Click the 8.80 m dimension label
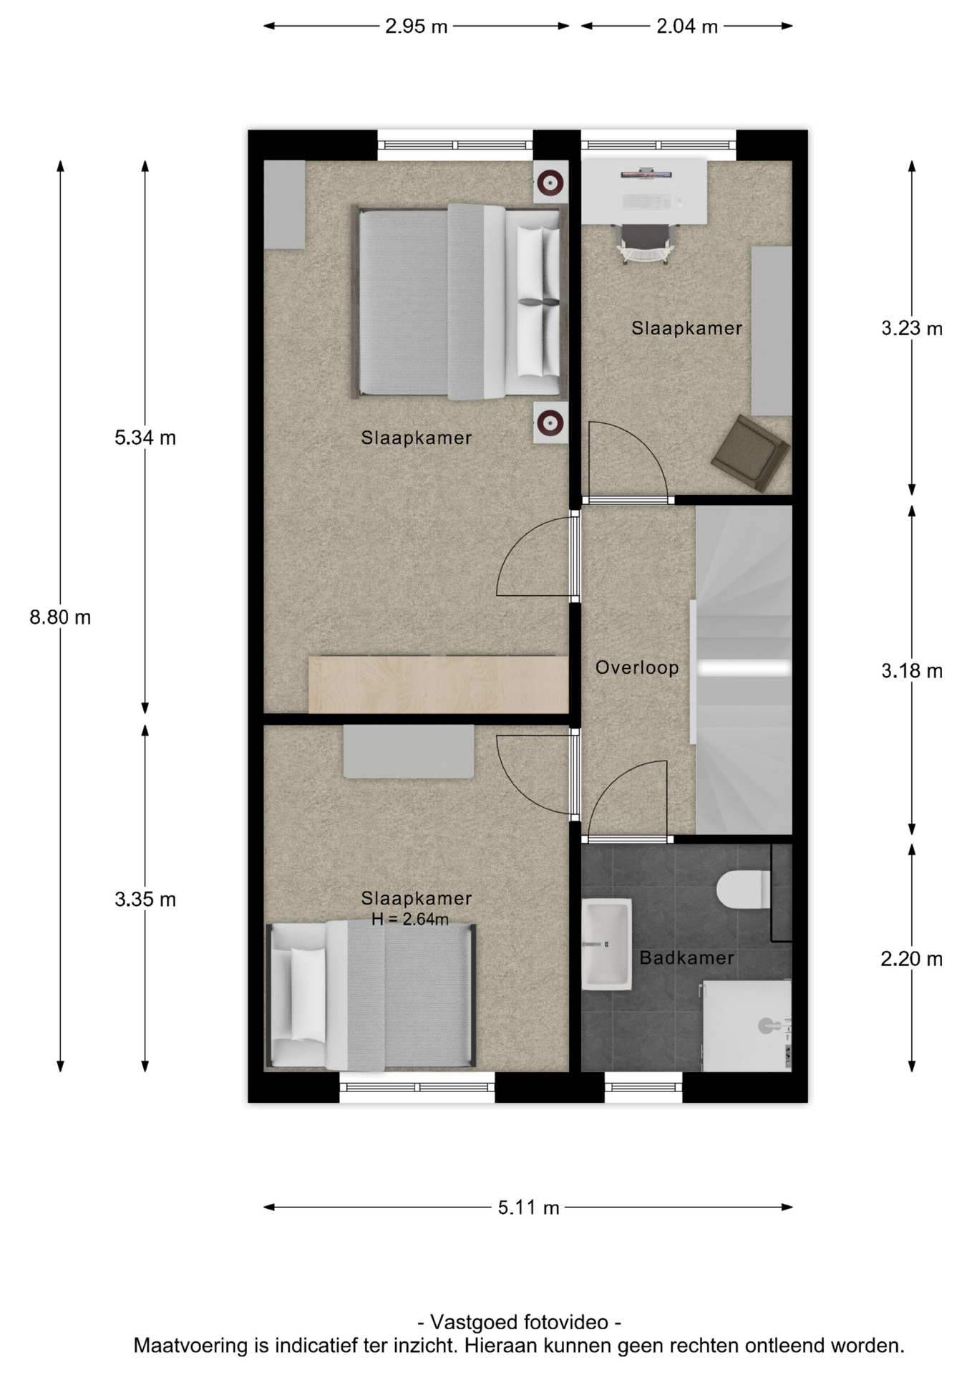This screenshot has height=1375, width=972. click(x=60, y=617)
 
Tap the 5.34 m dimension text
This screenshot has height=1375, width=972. click(x=145, y=437)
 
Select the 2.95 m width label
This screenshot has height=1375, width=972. click(x=416, y=26)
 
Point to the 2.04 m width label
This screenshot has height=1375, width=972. click(x=687, y=26)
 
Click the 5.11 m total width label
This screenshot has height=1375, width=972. click(x=528, y=1207)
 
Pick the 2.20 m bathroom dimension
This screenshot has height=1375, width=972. click(x=911, y=958)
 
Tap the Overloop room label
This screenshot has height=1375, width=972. click(x=637, y=667)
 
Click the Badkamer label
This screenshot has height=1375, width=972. click(x=686, y=957)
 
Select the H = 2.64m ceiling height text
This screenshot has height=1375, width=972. click(x=410, y=919)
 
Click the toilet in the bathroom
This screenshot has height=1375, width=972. click(x=744, y=889)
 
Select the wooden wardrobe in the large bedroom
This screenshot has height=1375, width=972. click(x=438, y=684)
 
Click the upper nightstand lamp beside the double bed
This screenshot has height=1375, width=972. click(x=550, y=182)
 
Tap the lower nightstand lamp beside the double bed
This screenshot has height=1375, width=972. click(x=550, y=423)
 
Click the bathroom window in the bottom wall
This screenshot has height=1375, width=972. click(x=643, y=1086)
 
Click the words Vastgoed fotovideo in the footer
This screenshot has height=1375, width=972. click(x=519, y=1321)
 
